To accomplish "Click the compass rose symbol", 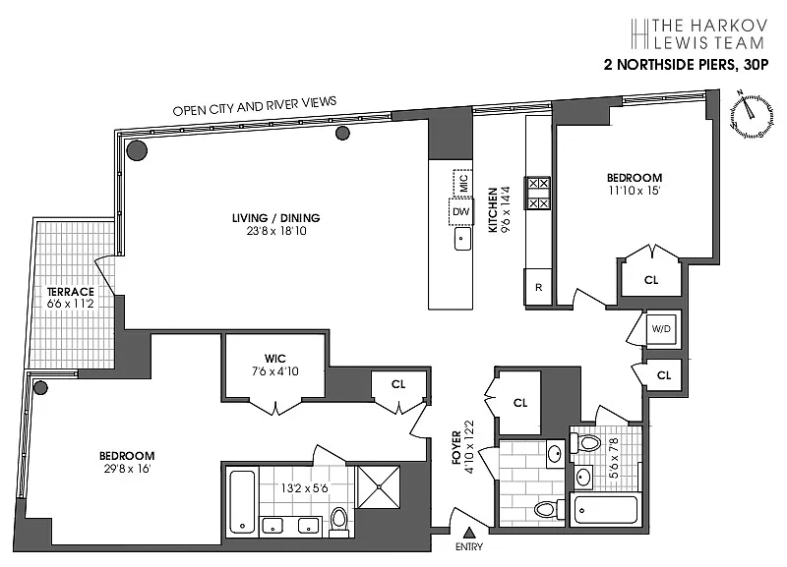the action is coord(751,113).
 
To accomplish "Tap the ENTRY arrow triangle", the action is coord(469,533).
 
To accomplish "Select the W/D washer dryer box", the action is coord(661,329).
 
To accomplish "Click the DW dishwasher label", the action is coord(460,211).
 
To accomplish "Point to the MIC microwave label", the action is coord(463,183).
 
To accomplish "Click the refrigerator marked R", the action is coord(538,287).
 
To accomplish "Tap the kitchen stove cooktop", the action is coord(538,193).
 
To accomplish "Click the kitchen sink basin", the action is coord(462,239).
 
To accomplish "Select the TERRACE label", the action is coord(70,292).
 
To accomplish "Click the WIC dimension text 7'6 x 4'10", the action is coord(275,371).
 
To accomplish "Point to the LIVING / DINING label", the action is coord(276,218).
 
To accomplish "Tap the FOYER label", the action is coord(456,448).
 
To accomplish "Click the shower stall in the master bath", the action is coord(379,486).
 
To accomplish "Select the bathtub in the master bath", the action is coord(243,502).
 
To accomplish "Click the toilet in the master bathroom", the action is coord(339,522).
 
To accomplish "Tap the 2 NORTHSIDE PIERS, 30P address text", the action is coord(686,65).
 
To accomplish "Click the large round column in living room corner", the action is coord(137,150).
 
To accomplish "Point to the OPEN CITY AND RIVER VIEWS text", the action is coord(255,106).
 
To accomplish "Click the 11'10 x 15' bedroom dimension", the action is coord(634,191).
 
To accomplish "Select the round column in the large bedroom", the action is coord(40,387).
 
